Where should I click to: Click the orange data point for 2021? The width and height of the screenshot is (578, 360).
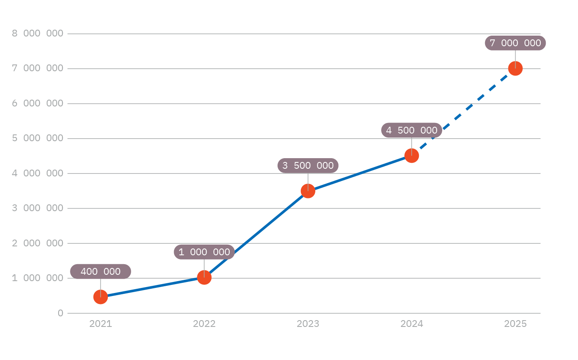coord(101,297)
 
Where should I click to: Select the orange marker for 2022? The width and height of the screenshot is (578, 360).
coord(204,278)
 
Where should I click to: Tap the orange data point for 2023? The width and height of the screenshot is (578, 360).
coord(308,191)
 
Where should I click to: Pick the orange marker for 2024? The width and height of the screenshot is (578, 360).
coord(412,156)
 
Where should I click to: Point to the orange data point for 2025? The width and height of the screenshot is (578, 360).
coord(515,68)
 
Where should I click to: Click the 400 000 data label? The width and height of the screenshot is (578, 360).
coord(101,271)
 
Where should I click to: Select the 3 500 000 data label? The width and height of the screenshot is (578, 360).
coord(308,165)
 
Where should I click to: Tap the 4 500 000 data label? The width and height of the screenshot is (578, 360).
coord(412,130)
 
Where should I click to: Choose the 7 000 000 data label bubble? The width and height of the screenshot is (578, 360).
coord(515,43)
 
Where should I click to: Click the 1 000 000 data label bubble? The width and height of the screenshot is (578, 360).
coord(204,252)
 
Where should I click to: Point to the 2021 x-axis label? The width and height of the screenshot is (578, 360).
coord(101,324)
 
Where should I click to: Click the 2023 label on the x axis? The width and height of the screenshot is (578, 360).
coord(308,324)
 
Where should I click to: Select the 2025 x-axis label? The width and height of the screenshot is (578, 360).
coord(515,324)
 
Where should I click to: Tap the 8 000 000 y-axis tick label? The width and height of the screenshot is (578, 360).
coord(37,33)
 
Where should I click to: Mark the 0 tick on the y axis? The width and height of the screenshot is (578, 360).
coord(60,313)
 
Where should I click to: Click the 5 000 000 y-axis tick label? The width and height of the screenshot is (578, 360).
coord(37,138)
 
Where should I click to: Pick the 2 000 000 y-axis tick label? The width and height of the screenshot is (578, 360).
coord(37,243)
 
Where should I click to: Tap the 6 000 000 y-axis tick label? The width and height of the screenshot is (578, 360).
coord(37,103)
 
